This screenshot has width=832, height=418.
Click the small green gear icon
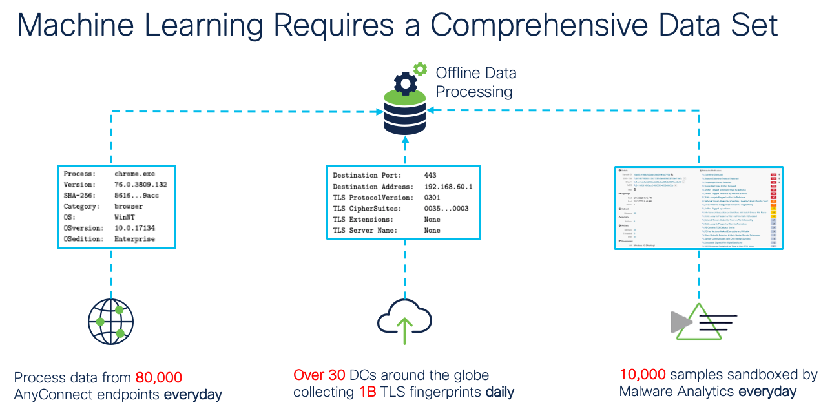(421, 68)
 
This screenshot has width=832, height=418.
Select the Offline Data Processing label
(476, 82)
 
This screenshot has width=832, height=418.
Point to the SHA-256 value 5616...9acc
(137, 195)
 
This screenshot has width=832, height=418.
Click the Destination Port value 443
(430, 176)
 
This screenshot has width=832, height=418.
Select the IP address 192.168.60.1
(448, 187)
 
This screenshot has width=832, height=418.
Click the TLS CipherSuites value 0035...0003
(446, 209)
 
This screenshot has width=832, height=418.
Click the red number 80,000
(159, 377)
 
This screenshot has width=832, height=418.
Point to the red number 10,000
(643, 375)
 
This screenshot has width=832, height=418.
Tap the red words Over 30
(320, 375)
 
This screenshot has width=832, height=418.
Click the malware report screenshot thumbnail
(698, 208)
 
